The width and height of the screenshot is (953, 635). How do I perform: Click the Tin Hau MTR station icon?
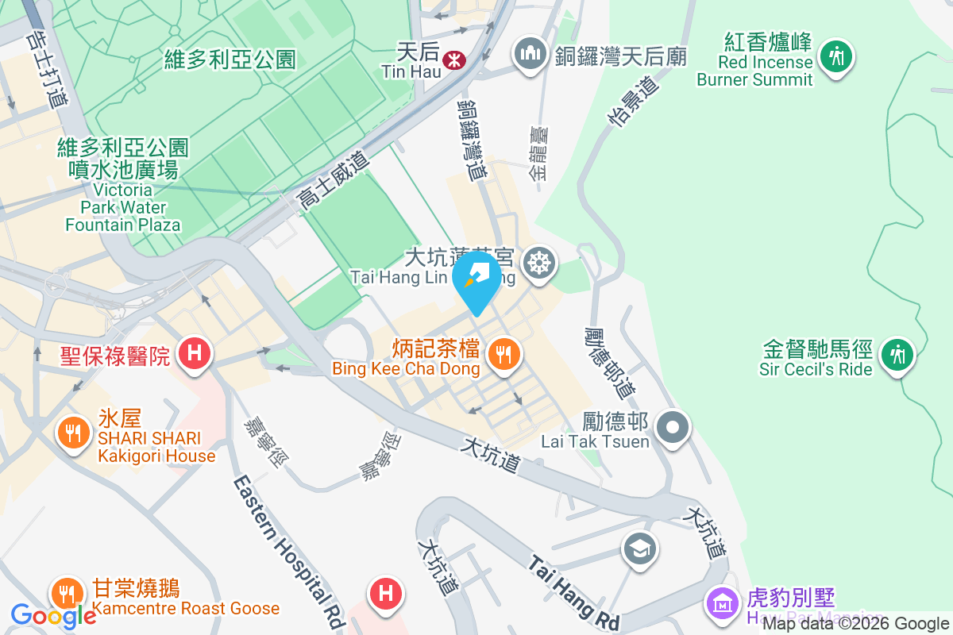click(x=454, y=59)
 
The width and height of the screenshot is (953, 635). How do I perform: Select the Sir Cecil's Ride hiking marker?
click(x=898, y=353)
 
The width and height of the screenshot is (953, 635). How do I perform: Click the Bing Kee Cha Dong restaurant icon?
click(x=503, y=353)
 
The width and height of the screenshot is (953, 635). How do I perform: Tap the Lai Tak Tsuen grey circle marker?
click(x=673, y=427)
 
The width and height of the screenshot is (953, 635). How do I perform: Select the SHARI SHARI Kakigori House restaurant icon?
click(x=74, y=433)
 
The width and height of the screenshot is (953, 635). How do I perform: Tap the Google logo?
click(x=52, y=615)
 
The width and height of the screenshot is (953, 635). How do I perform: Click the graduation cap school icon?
click(x=639, y=548)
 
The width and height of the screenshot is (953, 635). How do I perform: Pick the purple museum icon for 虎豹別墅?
click(x=722, y=603)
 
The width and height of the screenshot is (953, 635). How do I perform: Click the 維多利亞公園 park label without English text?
click(x=230, y=59)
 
